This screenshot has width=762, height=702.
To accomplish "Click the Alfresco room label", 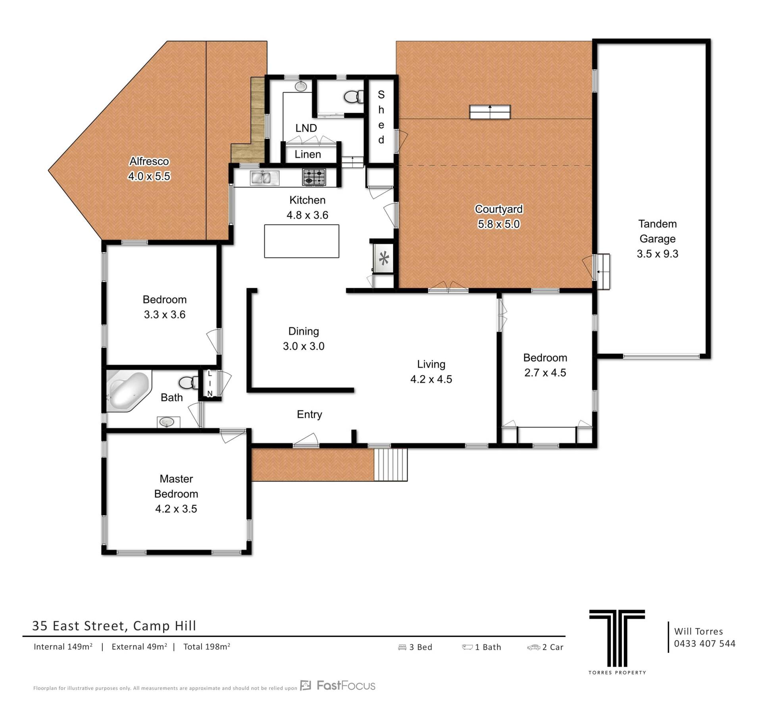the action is (x=149, y=161).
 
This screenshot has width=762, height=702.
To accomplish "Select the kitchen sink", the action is (x=265, y=178).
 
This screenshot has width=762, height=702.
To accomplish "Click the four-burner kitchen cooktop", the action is (x=314, y=177).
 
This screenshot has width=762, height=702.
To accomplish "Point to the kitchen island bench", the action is (x=302, y=241).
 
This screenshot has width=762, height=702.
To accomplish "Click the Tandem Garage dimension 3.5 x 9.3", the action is (x=658, y=254).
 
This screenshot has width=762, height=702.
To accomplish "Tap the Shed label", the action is (x=381, y=117).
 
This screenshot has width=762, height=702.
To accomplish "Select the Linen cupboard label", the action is (x=308, y=154).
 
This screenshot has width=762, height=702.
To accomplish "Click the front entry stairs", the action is (x=391, y=464).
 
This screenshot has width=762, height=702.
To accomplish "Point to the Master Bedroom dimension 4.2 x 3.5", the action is (x=176, y=509).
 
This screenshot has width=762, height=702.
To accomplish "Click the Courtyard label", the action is (x=499, y=209).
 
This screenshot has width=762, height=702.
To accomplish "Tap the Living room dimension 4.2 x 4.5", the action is (x=431, y=379).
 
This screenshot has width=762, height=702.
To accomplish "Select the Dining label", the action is (x=304, y=331).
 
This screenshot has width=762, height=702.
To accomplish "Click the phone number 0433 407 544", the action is (x=704, y=643).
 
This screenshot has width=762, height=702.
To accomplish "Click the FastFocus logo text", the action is (x=346, y=685).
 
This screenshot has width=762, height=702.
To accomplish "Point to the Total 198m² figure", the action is (x=207, y=646).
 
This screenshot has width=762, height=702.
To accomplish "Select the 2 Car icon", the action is (x=533, y=647).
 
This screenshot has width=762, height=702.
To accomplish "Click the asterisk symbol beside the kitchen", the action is (x=384, y=259).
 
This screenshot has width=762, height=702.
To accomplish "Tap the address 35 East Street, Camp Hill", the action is (x=114, y=626).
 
